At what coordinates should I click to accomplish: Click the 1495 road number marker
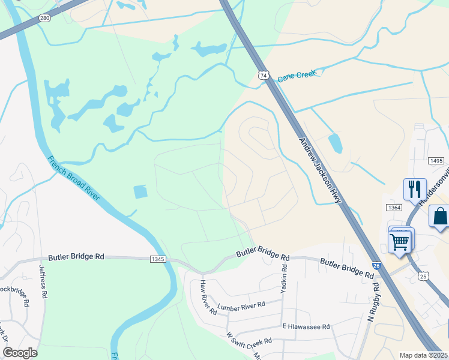point(436,161)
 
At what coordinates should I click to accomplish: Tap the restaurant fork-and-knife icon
point(414,189)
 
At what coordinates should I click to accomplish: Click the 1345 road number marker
point(158,259)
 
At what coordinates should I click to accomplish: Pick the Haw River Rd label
point(208,298)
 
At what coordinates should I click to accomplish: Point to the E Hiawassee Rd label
point(306,326)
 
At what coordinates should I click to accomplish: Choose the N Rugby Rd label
point(373,300)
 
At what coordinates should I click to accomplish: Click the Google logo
point(20,353)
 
